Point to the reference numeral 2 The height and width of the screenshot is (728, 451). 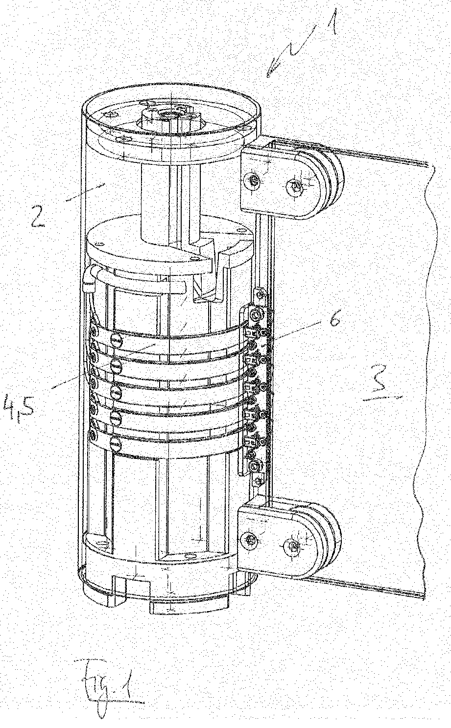coord(36,215)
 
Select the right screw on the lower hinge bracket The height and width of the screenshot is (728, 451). coord(294,545)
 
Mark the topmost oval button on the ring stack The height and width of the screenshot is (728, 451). coord(116,340)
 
